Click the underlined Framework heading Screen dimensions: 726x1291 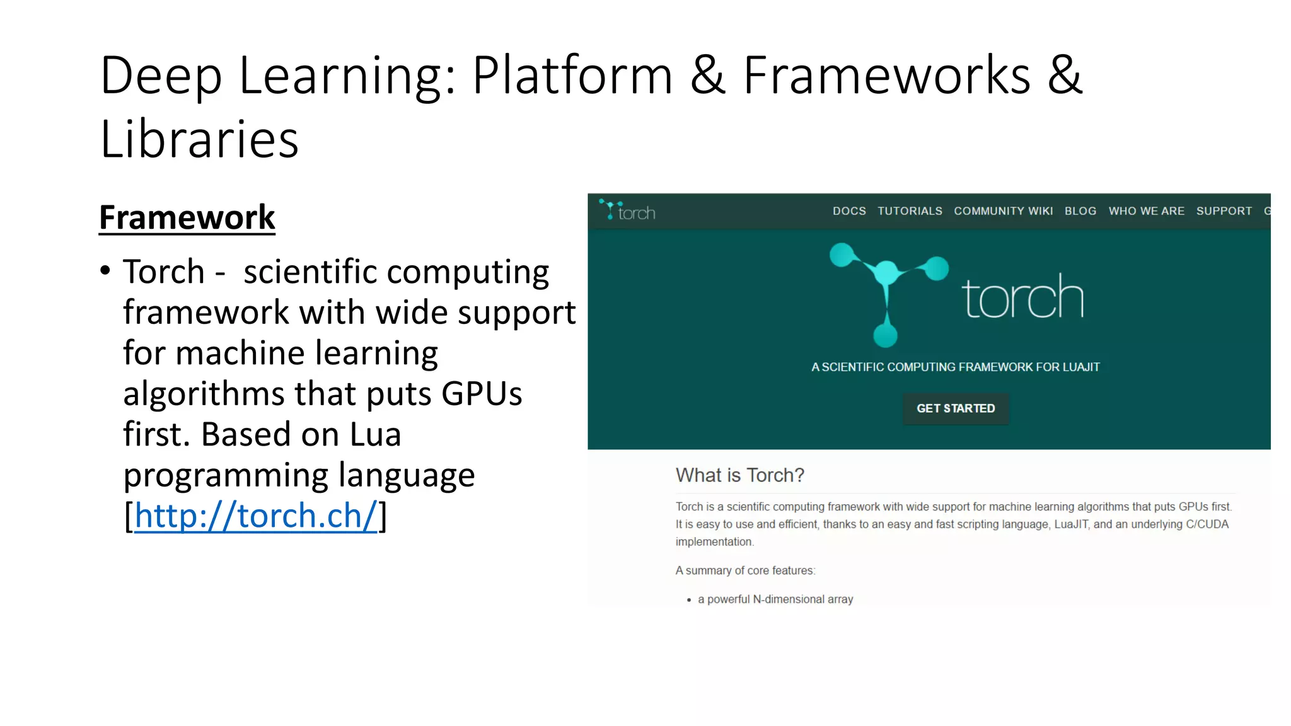pyautogui.click(x=187, y=218)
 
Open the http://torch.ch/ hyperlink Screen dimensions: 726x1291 pyautogui.click(x=255, y=516)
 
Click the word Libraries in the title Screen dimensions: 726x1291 pyautogui.click(x=199, y=139)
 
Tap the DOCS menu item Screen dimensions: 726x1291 pyautogui.click(x=848, y=211)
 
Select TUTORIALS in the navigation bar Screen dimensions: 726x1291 pyautogui.click(x=910, y=211)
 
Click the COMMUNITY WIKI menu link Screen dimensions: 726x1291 pyautogui.click(x=1003, y=211)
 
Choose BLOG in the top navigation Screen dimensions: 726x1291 pyautogui.click(x=1080, y=211)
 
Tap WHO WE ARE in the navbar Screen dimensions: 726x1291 pyautogui.click(x=1146, y=211)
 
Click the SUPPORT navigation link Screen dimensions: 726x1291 pyautogui.click(x=1224, y=211)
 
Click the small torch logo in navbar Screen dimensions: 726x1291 pyautogui.click(x=627, y=211)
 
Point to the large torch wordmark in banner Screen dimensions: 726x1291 pyautogui.click(x=1022, y=297)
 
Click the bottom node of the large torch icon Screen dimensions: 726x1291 pyautogui.click(x=885, y=335)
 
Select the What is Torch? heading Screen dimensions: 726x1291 pyautogui.click(x=739, y=475)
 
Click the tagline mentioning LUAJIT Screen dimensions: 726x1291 pyautogui.click(x=955, y=367)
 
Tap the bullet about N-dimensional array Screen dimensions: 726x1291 pyautogui.click(x=775, y=599)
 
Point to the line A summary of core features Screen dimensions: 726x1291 pyautogui.click(x=745, y=570)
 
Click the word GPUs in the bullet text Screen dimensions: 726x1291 pyautogui.click(x=481, y=394)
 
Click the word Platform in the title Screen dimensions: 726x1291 pyautogui.click(x=572, y=76)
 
